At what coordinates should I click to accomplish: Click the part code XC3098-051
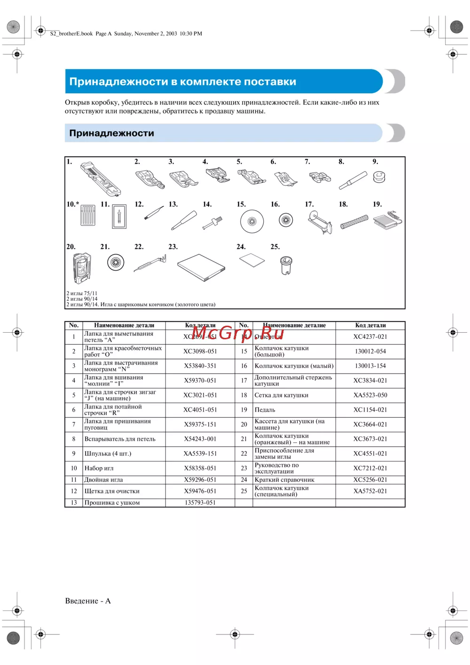point(200,352)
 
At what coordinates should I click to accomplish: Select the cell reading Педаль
point(265,410)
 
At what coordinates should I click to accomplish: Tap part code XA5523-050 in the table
point(370,395)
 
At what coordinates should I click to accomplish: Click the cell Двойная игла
point(103,480)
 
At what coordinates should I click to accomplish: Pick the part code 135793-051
point(200,502)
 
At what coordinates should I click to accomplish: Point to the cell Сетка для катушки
point(282,395)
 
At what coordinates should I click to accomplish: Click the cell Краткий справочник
point(284,480)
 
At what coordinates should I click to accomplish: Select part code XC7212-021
point(370,468)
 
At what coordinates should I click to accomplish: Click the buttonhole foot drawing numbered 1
point(101,179)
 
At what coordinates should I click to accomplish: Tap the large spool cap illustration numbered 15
point(252,221)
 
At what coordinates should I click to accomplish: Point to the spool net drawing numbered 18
point(354,221)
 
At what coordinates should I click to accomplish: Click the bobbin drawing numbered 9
point(379,177)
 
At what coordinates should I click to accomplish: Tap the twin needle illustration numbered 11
point(119,217)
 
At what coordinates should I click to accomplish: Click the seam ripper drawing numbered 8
point(352,180)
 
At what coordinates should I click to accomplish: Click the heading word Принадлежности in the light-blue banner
point(111,133)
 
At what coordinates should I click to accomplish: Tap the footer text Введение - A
point(88,601)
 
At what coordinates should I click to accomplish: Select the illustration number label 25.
point(275,247)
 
